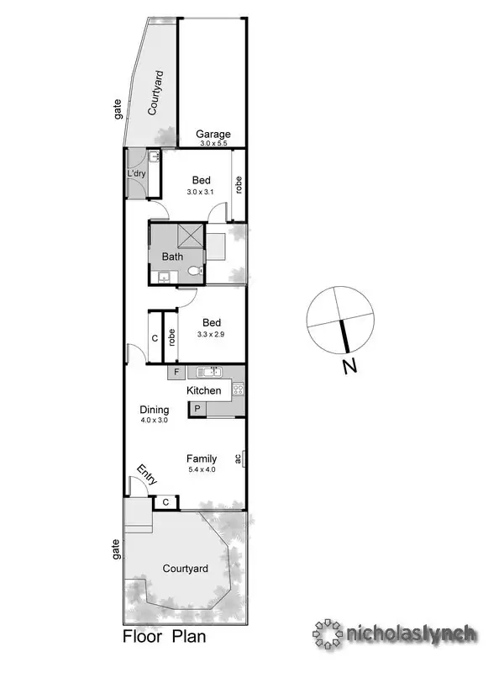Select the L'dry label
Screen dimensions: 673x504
point(136,174)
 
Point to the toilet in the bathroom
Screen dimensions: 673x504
point(195,271)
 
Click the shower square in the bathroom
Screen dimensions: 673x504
point(192,236)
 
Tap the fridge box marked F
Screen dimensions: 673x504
point(177,372)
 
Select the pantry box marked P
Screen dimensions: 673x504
point(197,409)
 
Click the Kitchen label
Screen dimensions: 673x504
point(204,390)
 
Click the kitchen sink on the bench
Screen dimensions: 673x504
point(207,372)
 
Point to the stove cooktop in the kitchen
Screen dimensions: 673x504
point(238,389)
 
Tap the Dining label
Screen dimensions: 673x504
point(155,411)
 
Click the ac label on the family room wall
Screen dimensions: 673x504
point(239,458)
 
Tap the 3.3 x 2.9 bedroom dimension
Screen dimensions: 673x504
point(211,334)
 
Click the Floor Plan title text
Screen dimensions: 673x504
point(165,637)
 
